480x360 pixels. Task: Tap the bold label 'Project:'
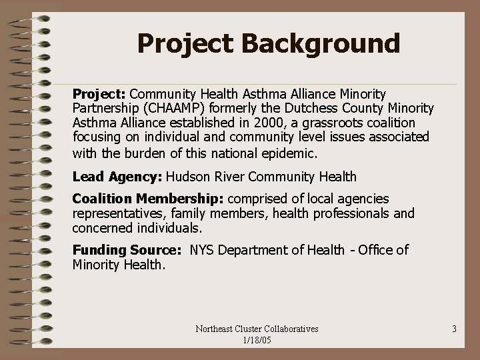(x=99, y=94)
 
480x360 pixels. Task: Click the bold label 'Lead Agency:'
(x=117, y=177)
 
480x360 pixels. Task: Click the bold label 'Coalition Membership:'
(x=149, y=199)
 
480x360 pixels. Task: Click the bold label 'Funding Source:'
(x=126, y=250)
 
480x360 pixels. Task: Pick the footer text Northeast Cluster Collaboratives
(x=257, y=329)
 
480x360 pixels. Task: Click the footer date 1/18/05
(x=256, y=340)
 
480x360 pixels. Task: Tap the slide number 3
(x=453, y=329)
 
